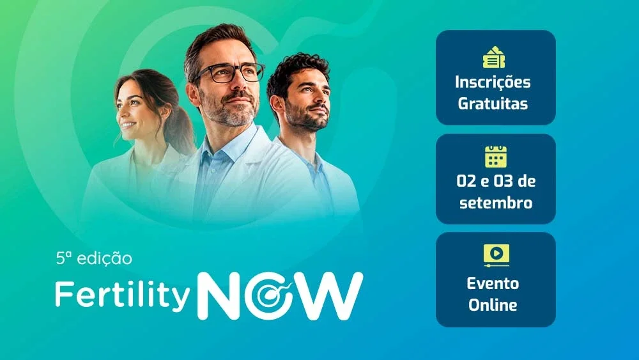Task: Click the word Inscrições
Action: pos(493,82)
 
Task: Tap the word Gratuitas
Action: pos(493,104)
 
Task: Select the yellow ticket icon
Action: pos(494,57)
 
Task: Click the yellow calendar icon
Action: pos(496,156)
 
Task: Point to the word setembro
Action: pos(496,203)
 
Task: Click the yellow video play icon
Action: pos(496,255)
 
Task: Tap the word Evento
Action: pos(493,283)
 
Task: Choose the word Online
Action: pos(493,305)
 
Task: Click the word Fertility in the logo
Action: pos(123,293)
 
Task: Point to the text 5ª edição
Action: pos(94,259)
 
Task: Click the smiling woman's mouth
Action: pos(128,125)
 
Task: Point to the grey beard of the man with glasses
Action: pos(230,110)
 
